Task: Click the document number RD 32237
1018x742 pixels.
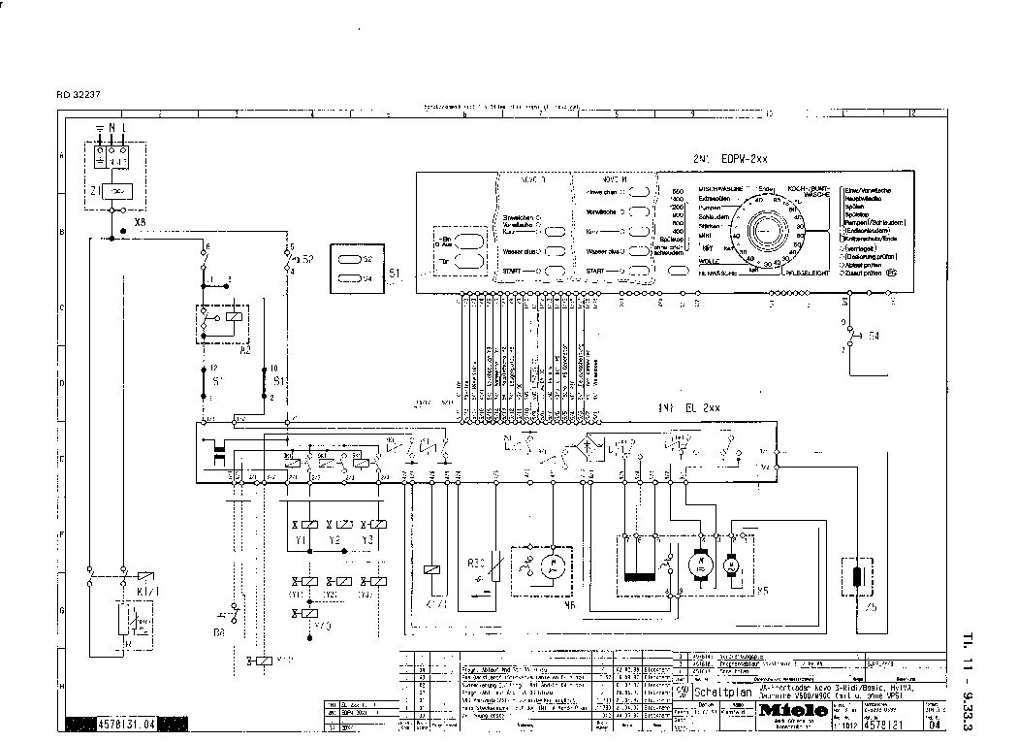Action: (x=80, y=94)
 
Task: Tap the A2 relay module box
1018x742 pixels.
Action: (x=223, y=324)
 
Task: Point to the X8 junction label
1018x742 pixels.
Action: (x=141, y=222)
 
